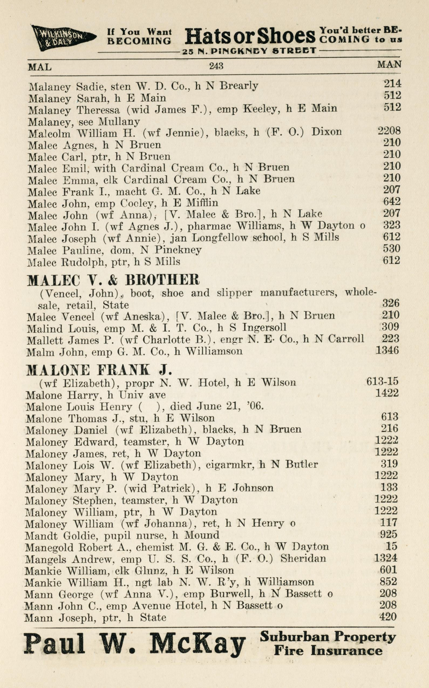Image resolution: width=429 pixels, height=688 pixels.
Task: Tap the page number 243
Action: pos(216,66)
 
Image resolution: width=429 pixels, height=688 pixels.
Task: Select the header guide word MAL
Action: pos(40,67)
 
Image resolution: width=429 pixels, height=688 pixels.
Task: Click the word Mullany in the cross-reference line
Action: pos(119,122)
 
